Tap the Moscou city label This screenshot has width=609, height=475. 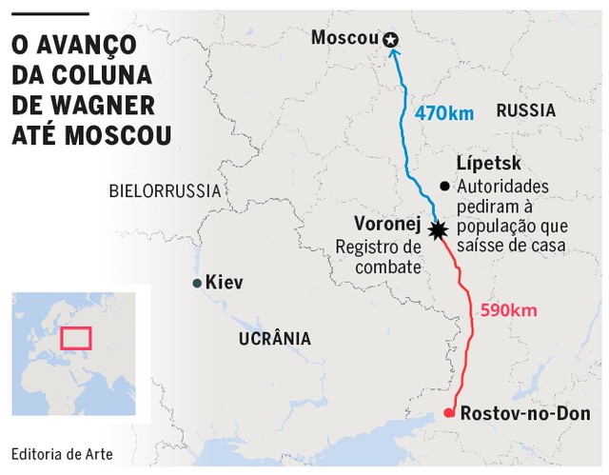click(x=345, y=38)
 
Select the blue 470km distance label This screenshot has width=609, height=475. click(x=443, y=113)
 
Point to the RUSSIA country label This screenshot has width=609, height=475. click(x=525, y=110)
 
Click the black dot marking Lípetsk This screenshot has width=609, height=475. click(x=443, y=186)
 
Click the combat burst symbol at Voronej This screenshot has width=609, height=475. click(x=438, y=230)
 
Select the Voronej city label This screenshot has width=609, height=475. click(x=387, y=225)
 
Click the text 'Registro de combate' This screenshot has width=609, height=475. click(x=378, y=257)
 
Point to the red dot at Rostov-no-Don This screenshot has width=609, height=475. click(x=449, y=413)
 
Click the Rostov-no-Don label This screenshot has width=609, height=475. click(x=524, y=414)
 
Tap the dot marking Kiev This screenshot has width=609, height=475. click(x=197, y=283)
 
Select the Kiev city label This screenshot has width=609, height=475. click(x=226, y=283)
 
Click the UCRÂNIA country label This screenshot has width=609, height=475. click(x=274, y=337)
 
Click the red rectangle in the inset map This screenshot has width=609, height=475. click(x=74, y=337)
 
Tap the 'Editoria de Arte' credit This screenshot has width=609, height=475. click(x=62, y=454)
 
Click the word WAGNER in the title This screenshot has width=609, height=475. click(x=86, y=103)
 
